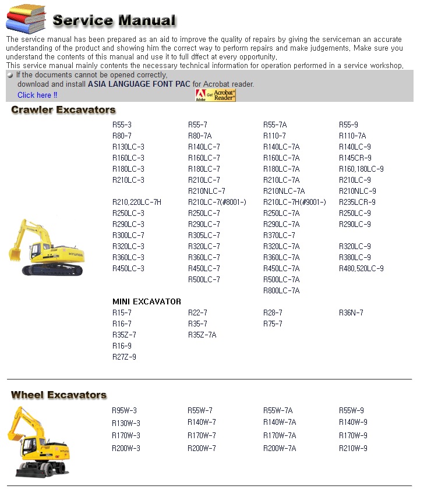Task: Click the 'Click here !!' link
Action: pos(37,95)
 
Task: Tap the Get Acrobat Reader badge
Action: pos(216,95)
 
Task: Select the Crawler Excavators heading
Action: pos(63,110)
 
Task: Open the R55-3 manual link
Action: pos(122,125)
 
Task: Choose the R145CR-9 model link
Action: pos(355,158)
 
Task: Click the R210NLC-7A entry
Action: pos(284,191)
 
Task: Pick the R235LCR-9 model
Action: pos(357,202)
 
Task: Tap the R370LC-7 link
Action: pos(279,235)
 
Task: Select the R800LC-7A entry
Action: pos(281,290)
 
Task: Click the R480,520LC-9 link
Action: pos(361,268)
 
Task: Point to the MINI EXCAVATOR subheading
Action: pos(146,301)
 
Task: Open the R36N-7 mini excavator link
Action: pos(351,313)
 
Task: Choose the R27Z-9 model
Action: pos(124,357)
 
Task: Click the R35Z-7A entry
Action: pos(202,335)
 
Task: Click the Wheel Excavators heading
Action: pos(59,395)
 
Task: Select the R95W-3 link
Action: pos(124,410)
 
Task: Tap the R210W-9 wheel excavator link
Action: pos(353,448)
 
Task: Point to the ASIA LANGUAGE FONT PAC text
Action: pos(139,84)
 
